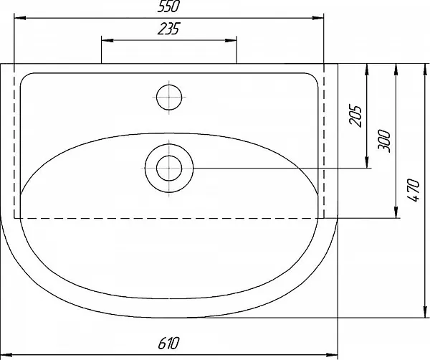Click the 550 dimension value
168,6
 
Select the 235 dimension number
169,29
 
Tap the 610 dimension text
168,343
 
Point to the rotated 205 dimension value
355,115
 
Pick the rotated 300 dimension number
384,140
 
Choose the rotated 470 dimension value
414,190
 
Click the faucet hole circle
169,97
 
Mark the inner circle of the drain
169,169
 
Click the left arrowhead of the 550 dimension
20,18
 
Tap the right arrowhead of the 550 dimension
317,18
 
